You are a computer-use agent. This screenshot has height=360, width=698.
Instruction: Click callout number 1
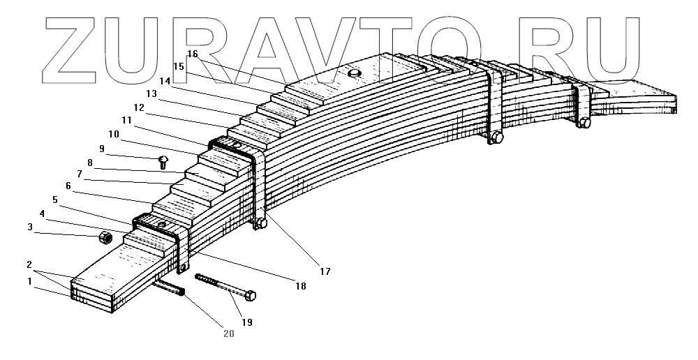[29, 281]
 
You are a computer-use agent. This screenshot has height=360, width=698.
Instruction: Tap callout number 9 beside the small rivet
[102, 149]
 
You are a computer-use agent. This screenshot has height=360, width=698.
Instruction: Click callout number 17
[325, 270]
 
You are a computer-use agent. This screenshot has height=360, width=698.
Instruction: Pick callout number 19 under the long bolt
[247, 322]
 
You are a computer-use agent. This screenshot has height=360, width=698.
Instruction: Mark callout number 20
[229, 333]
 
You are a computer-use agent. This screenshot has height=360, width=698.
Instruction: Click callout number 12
[139, 108]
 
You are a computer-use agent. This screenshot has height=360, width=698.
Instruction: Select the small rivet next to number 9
[163, 162]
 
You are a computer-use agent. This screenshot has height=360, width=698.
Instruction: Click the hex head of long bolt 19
[251, 296]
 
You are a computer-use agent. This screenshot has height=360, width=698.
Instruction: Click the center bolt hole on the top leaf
[354, 73]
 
